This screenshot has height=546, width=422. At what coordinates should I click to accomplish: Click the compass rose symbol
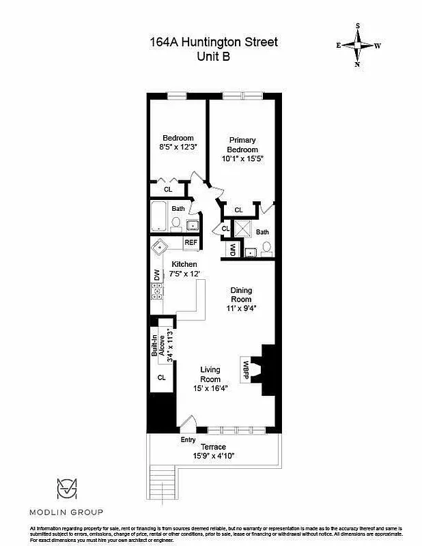358,45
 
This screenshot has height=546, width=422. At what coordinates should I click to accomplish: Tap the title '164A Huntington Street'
214,42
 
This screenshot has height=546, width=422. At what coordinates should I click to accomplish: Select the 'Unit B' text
214,57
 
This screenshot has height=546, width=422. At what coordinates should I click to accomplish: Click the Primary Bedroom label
242,145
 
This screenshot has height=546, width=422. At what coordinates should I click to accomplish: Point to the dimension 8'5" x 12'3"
178,146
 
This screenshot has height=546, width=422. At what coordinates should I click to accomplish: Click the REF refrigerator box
191,242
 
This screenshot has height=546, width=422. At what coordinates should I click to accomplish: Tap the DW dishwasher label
156,275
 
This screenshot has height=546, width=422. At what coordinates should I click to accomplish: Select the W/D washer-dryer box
232,249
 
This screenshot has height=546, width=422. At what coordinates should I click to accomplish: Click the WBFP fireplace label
245,369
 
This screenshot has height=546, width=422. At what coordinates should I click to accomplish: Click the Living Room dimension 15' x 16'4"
210,388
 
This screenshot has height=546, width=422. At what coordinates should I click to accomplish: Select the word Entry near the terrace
188,440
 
